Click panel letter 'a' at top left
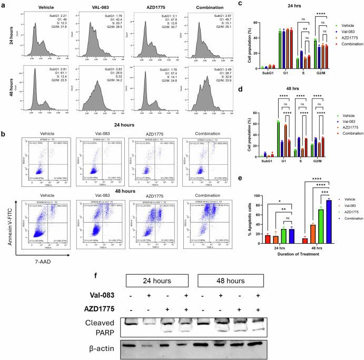pos(5,5)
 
